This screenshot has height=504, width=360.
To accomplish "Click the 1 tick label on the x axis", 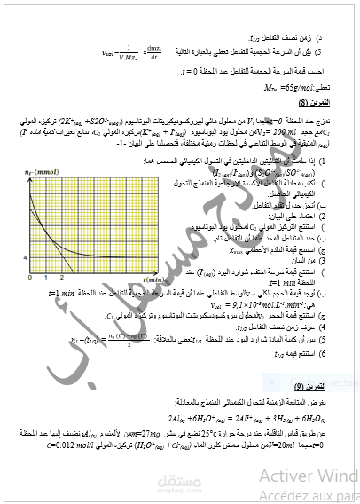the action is [x=35, y=279].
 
